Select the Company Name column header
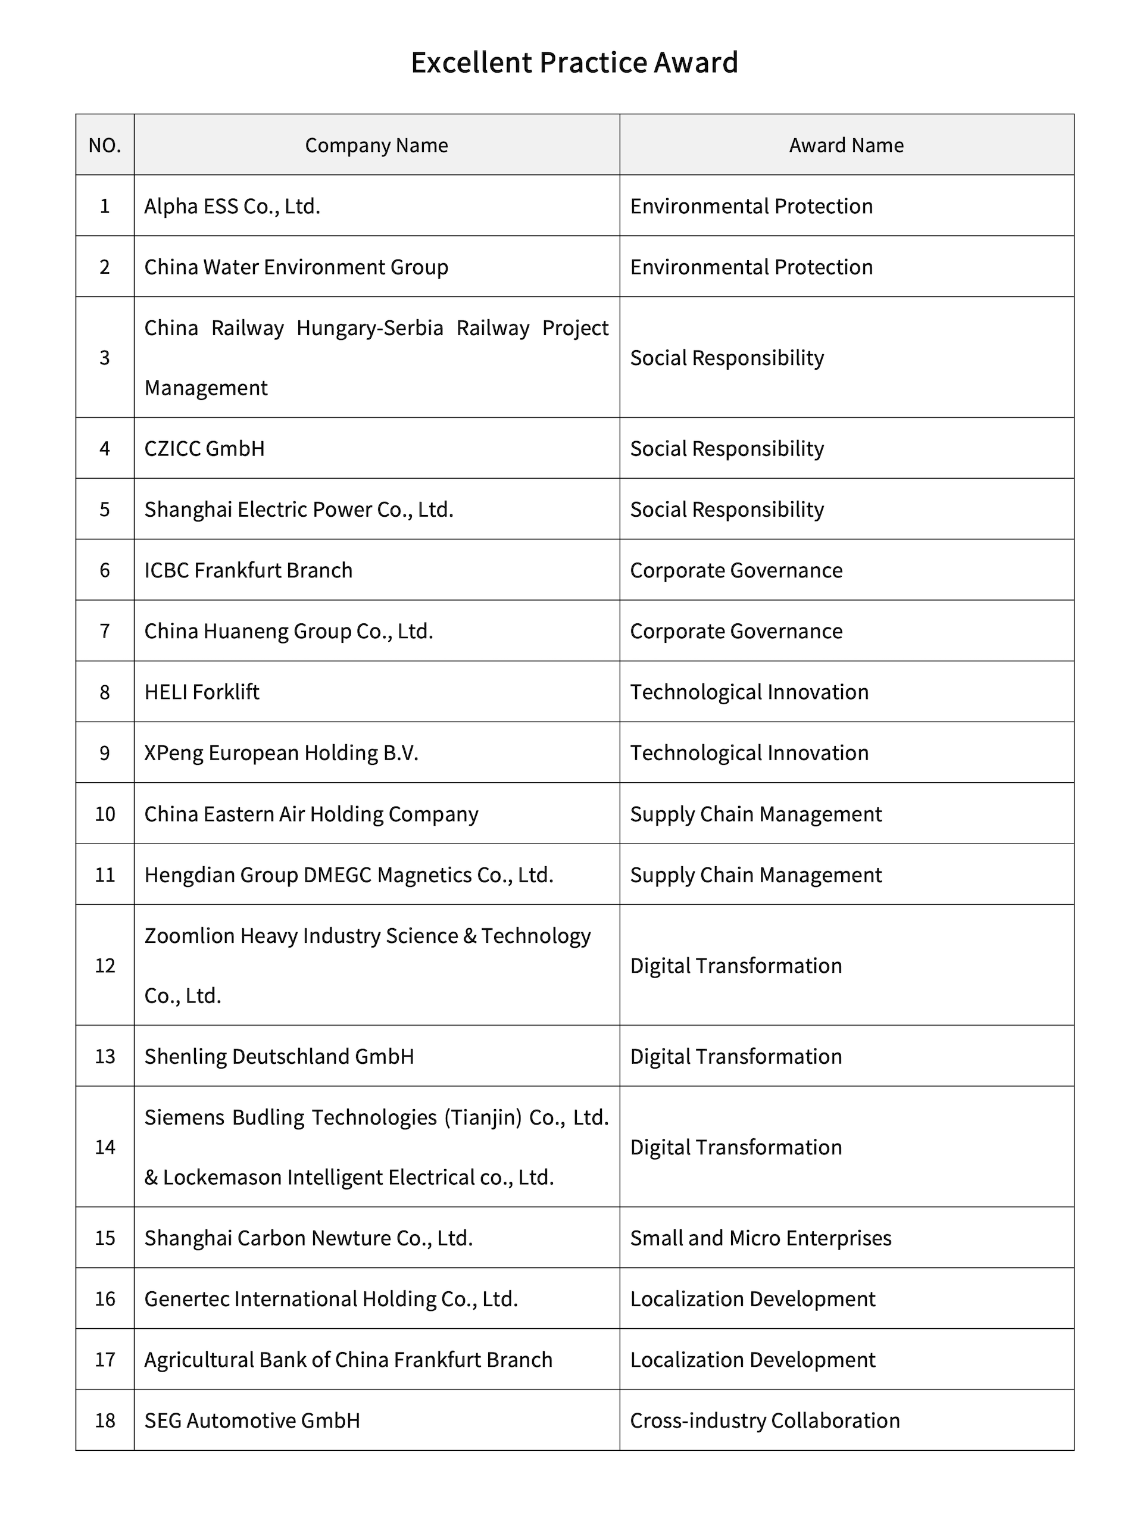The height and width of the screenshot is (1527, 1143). click(x=376, y=145)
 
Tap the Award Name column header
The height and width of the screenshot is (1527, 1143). click(x=846, y=145)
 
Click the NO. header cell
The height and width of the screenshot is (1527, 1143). click(x=105, y=145)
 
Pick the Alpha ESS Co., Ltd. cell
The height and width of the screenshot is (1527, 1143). click(x=232, y=207)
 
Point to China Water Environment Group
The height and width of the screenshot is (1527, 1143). click(x=296, y=267)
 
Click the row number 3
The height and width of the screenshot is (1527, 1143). click(x=105, y=358)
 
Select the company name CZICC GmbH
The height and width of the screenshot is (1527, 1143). click(x=204, y=449)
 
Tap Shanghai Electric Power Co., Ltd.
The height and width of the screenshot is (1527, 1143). click(x=298, y=510)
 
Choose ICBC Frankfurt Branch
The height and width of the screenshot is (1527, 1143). click(x=248, y=570)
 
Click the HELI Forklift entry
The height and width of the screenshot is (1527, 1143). click(x=202, y=692)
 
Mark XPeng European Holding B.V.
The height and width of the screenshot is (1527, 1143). click(x=281, y=752)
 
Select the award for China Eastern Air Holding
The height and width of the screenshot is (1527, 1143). click(x=756, y=814)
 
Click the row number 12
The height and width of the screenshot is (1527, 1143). click(x=105, y=965)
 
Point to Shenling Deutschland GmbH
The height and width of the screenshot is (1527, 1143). click(x=279, y=1056)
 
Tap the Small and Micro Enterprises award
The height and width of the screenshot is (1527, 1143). click(x=761, y=1238)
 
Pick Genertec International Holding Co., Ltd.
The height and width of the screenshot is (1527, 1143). click(x=330, y=1298)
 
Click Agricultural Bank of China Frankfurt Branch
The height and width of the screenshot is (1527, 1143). click(x=348, y=1359)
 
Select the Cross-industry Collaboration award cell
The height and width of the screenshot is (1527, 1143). click(x=765, y=1420)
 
